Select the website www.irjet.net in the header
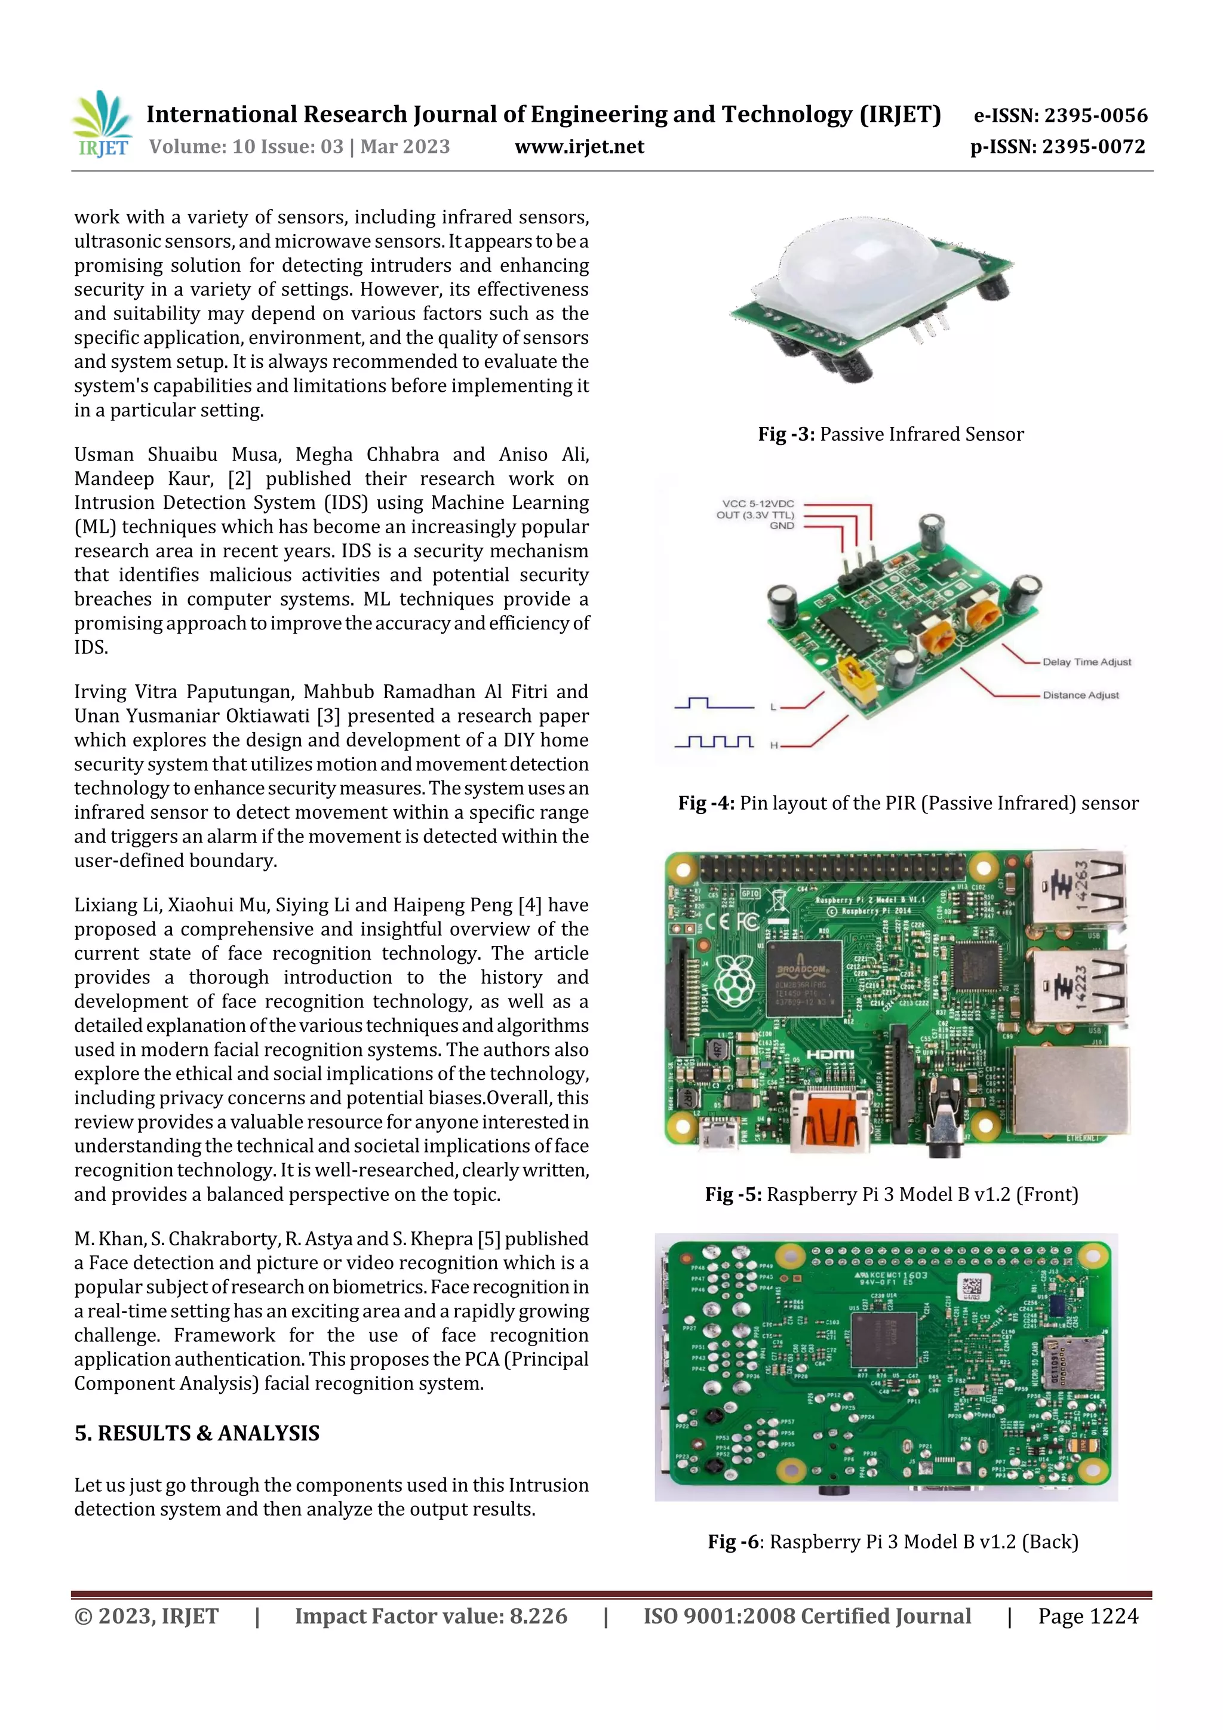click(579, 147)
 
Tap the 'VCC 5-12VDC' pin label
click(757, 503)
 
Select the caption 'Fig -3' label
click(786, 435)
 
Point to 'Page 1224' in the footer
click(1087, 1616)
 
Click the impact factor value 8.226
click(538, 1616)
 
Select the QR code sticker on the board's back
click(972, 1287)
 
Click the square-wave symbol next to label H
click(714, 742)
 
